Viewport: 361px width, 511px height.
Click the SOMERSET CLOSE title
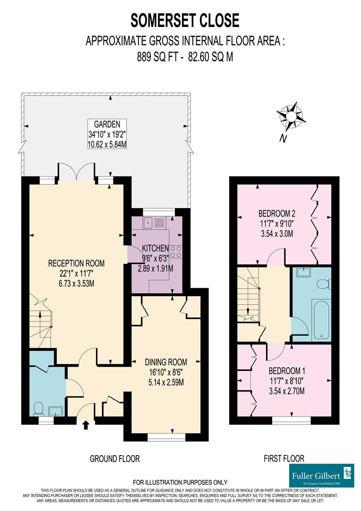[x=185, y=20]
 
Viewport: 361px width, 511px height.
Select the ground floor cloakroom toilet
[x=39, y=407]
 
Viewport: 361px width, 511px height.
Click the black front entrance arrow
[x=86, y=426]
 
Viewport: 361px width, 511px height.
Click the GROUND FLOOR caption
[x=115, y=458]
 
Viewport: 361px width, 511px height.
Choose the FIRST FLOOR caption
[x=284, y=458]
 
